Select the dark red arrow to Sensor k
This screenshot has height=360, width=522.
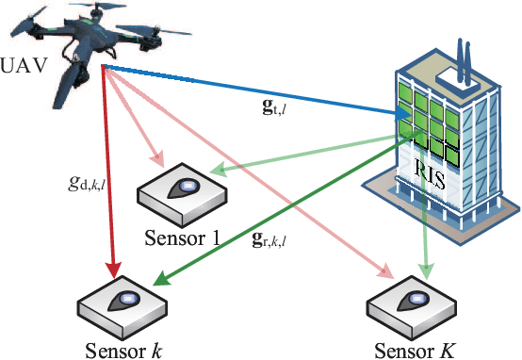pos(109,179)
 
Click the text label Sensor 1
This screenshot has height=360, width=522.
pos(184,237)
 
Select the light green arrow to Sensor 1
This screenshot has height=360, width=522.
pos(302,154)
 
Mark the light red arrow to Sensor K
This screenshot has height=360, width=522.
pos(254,179)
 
